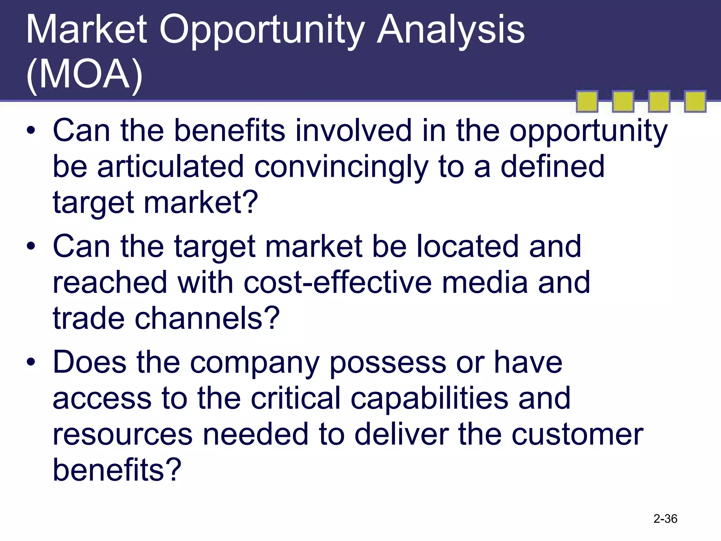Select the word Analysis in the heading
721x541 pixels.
point(451,31)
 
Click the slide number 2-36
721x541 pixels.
point(665,518)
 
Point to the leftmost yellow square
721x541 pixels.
point(587,102)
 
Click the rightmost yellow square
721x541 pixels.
point(695,102)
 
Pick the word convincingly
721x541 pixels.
point(341,167)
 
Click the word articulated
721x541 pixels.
point(170,167)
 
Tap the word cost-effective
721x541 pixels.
point(337,282)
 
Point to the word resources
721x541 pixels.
point(123,435)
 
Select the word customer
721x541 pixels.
point(577,435)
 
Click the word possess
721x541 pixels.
point(388,363)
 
